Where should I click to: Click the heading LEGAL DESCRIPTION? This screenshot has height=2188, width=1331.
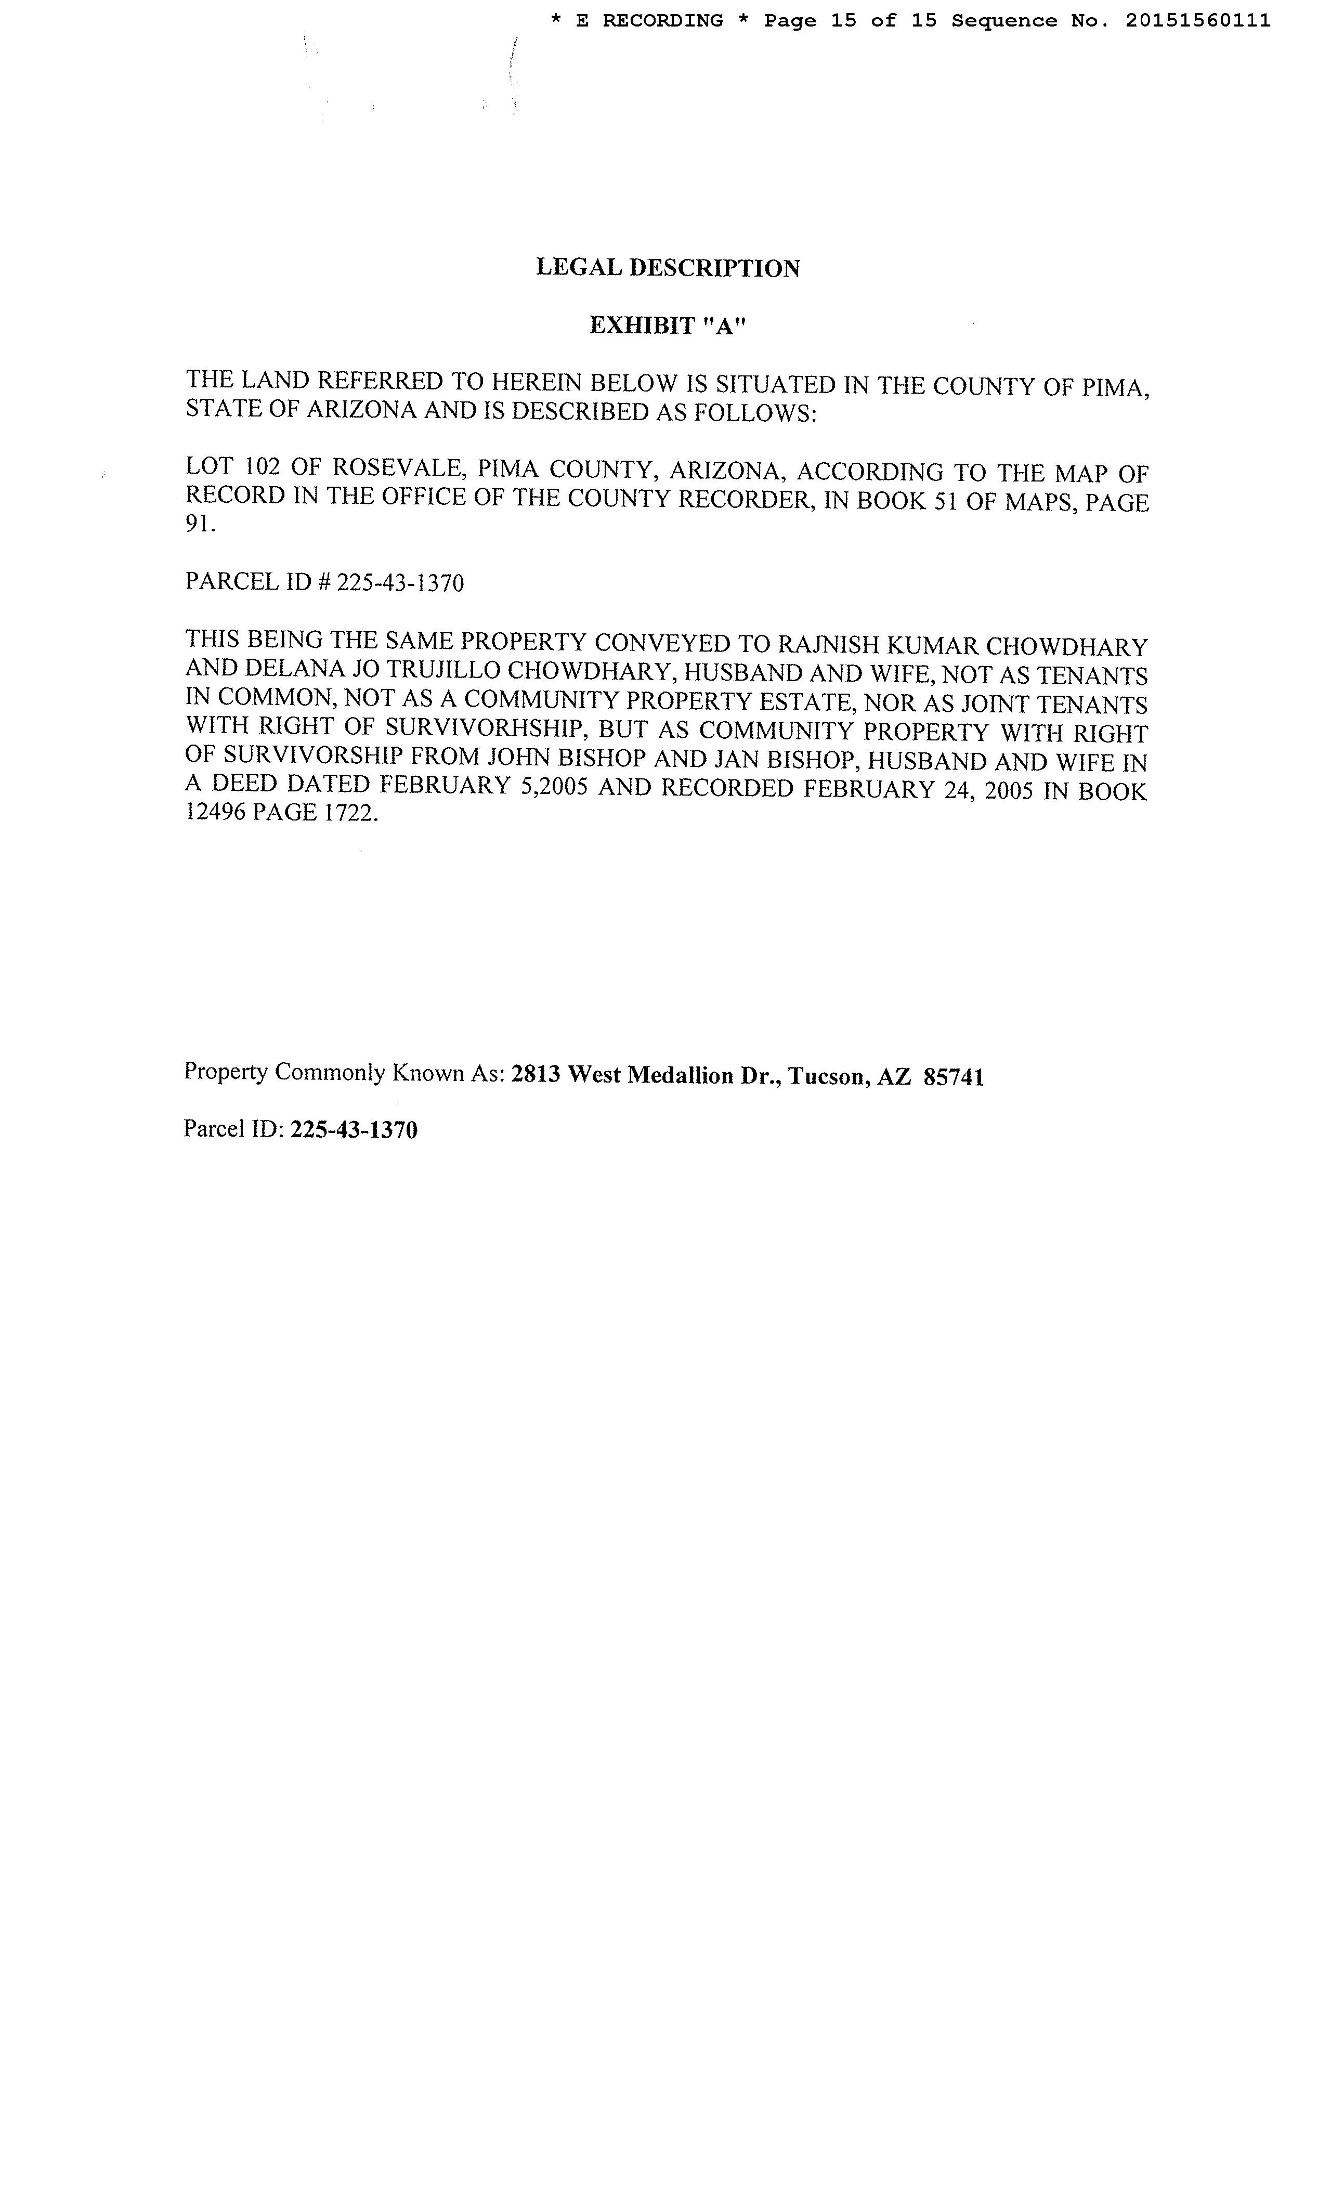click(667, 268)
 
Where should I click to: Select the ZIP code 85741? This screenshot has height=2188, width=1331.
click(954, 1077)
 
